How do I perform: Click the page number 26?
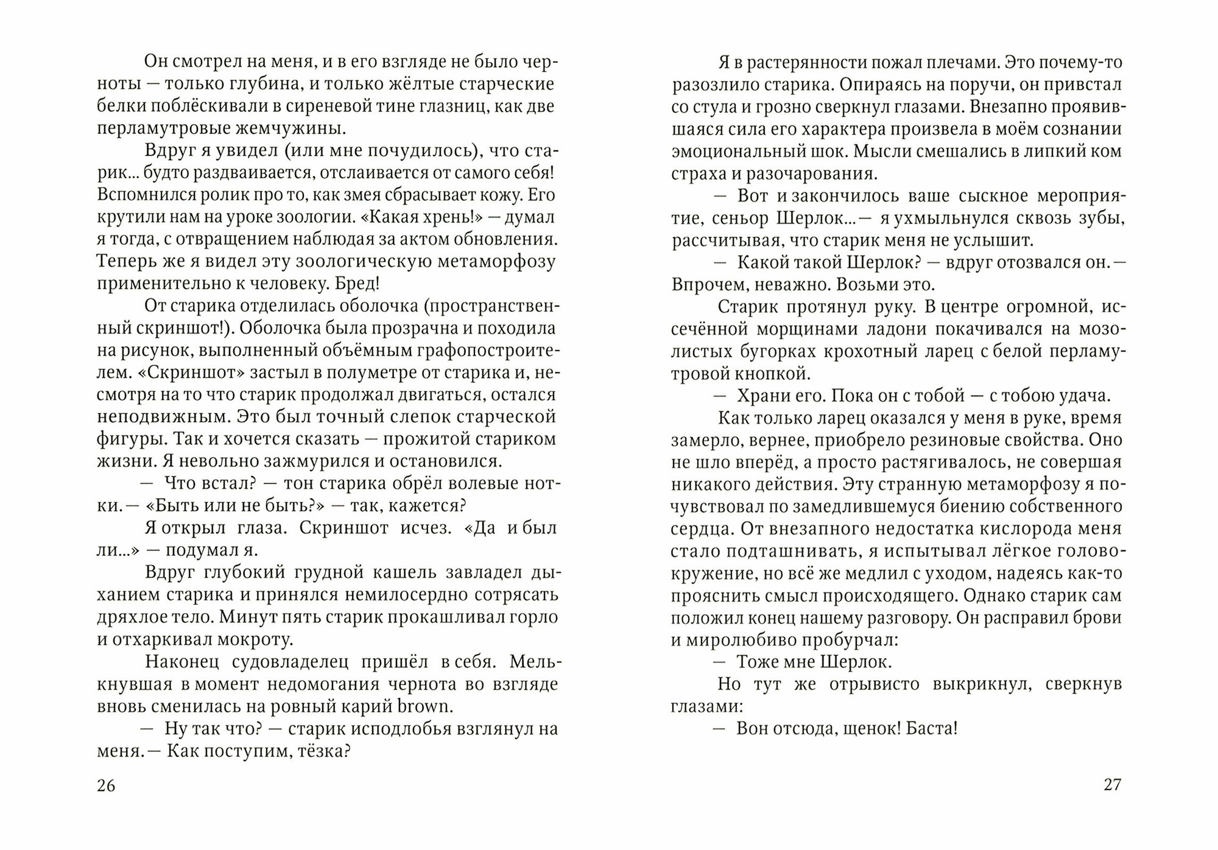[x=106, y=785]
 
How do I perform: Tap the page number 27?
[x=1112, y=785]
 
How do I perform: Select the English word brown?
[x=424, y=706]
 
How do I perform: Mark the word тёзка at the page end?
[x=323, y=751]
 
